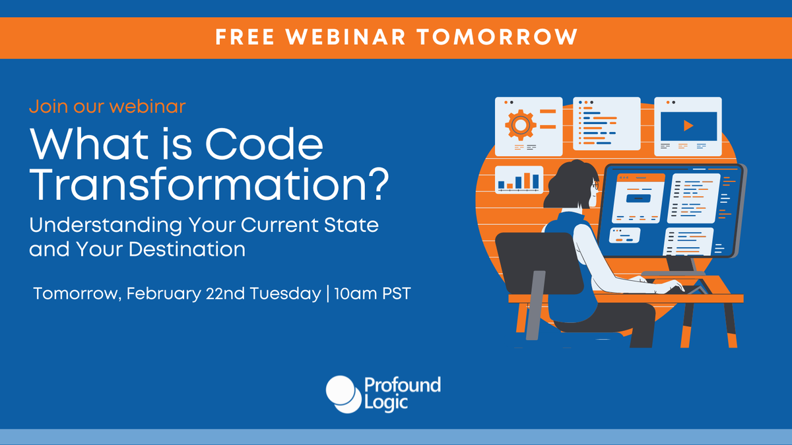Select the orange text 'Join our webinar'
point(108,105)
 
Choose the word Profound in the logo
point(402,385)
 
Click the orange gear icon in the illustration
point(520,123)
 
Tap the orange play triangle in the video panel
point(688,124)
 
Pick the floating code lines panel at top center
point(607,123)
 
